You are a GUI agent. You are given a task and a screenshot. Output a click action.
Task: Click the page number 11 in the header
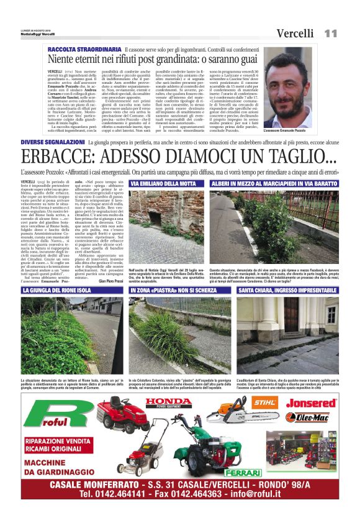pos(330,33)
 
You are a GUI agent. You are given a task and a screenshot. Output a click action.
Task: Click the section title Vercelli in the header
pos(297,33)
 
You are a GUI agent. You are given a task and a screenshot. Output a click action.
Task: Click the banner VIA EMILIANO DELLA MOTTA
pos(163,184)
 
